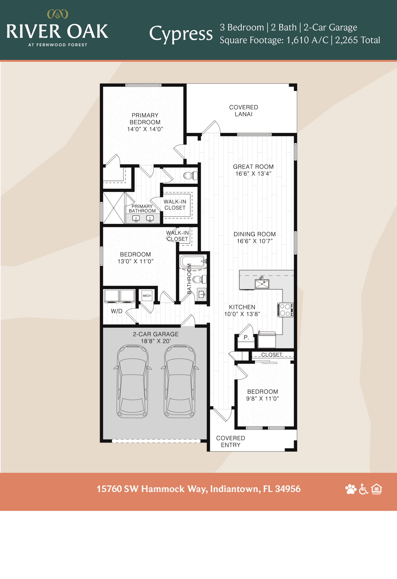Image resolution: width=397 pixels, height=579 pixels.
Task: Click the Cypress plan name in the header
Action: coord(181,34)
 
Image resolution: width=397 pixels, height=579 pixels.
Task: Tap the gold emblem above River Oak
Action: coord(58,14)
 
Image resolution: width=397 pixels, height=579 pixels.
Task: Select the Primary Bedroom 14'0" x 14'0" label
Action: coord(145,122)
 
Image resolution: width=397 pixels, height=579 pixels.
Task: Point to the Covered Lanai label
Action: coord(243,111)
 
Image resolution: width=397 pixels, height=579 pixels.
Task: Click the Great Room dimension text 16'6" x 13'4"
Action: coord(253,174)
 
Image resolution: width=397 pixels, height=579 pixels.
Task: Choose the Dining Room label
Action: coord(254,234)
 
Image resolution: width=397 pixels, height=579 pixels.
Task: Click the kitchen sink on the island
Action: coord(262,283)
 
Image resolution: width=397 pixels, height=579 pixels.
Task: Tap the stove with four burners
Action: coord(285,310)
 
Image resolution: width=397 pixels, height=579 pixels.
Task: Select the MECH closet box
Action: coord(147,296)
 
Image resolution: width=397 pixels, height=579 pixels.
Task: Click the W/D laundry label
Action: coord(117,311)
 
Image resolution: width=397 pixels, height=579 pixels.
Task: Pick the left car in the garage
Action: coord(132,381)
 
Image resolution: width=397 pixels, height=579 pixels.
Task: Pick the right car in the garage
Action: coord(180,381)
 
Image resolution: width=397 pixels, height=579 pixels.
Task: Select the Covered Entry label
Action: coord(230,441)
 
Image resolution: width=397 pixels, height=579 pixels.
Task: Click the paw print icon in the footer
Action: coord(351,489)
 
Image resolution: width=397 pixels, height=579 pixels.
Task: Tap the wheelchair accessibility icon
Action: coord(363,489)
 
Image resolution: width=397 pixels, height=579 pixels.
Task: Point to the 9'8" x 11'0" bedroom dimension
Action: coord(262,399)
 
